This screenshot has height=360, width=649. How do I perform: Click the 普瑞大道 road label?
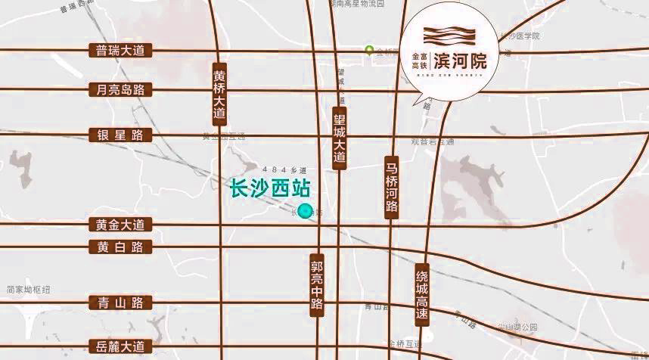pyautogui.click(x=120, y=51)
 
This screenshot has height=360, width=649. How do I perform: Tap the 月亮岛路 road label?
pyautogui.click(x=120, y=90)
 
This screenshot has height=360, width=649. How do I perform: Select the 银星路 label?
pyautogui.click(x=120, y=135)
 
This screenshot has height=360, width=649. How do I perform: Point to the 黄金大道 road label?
pyautogui.click(x=120, y=225)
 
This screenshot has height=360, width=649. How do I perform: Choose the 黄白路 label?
pyautogui.click(x=120, y=247)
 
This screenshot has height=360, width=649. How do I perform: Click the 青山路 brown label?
pyautogui.click(x=120, y=303)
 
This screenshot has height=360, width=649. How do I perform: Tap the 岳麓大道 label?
pyautogui.click(x=120, y=347)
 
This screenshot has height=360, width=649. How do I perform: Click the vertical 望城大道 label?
pyautogui.click(x=340, y=138)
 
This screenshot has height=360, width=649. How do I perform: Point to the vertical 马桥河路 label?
pyautogui.click(x=391, y=186)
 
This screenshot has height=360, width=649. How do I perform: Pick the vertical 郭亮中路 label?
pyautogui.click(x=317, y=285)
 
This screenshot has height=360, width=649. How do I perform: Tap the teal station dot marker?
pyautogui.click(x=306, y=211)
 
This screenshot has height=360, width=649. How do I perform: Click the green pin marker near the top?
pyautogui.click(x=369, y=51)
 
